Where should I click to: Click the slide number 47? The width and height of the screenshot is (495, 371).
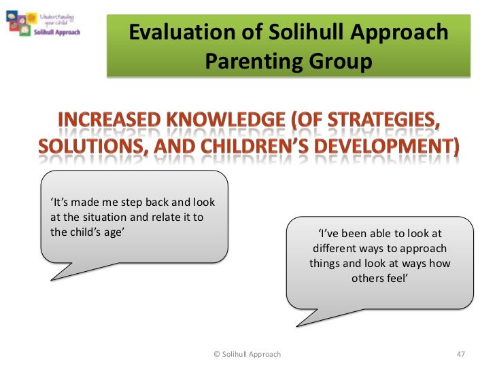[461, 354]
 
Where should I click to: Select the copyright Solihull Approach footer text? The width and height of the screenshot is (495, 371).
[247, 354]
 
